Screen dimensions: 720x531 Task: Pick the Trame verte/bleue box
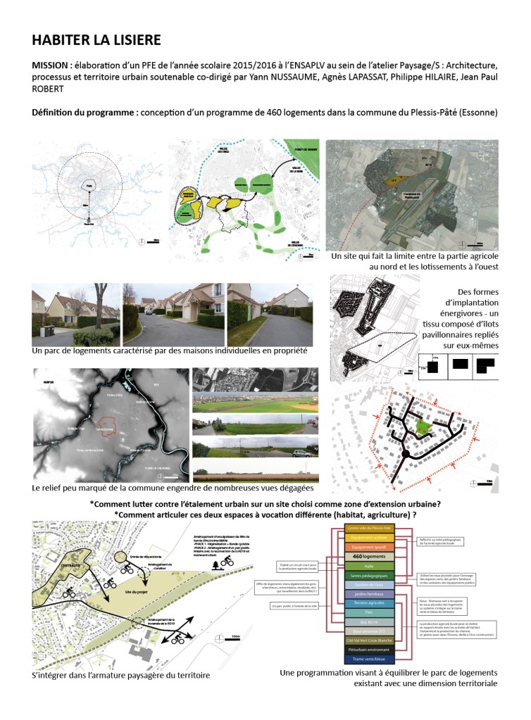coord(371,659)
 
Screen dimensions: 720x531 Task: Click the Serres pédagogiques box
coord(371,576)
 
